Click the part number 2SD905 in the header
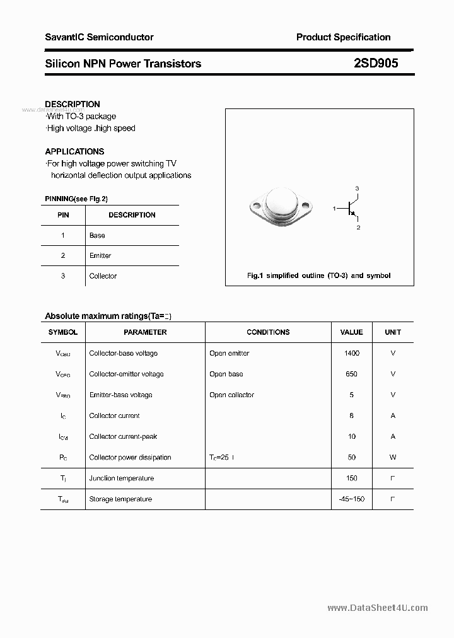375,63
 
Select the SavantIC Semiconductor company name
99,37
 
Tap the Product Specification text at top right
343,37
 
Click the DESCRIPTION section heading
73,104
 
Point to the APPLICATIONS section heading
74,151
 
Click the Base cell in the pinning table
97,235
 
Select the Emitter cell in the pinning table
100,255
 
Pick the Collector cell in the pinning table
103,275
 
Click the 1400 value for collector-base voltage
351,353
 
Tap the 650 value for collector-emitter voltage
351,374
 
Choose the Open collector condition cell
231,395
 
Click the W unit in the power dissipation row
393,457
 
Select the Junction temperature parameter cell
121,478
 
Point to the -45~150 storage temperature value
351,499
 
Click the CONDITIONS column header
268,332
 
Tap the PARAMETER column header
145,332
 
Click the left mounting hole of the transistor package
257,205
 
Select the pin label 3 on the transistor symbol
357,188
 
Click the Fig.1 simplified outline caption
318,275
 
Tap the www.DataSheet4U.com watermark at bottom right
378,608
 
